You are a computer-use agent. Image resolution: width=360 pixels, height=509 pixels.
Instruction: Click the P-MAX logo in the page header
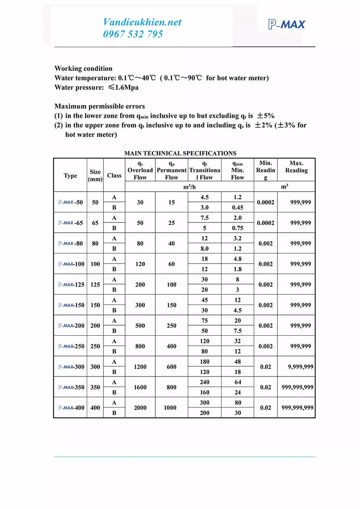click(x=287, y=25)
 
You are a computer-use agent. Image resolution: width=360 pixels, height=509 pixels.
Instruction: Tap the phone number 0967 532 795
click(x=133, y=34)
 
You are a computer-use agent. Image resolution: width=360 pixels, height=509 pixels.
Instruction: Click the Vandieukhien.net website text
click(x=142, y=22)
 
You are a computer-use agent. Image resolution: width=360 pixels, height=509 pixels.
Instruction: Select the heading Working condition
click(x=83, y=68)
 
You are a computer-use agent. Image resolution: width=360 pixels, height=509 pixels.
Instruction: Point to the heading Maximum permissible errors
click(x=100, y=106)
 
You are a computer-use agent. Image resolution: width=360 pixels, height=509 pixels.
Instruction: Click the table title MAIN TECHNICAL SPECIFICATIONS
click(x=180, y=153)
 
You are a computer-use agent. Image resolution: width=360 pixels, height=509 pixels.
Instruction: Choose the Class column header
click(x=114, y=175)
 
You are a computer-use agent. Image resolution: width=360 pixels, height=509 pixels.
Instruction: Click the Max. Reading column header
click(x=296, y=167)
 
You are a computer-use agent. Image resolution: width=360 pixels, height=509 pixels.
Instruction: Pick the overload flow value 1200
click(x=140, y=367)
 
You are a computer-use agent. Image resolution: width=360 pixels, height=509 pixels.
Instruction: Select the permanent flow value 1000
click(x=171, y=408)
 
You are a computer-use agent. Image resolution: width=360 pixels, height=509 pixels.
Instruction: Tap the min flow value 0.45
click(x=237, y=208)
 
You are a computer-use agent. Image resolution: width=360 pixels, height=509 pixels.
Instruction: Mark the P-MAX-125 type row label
click(x=71, y=285)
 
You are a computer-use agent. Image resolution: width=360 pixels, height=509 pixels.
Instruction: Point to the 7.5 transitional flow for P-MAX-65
click(x=205, y=218)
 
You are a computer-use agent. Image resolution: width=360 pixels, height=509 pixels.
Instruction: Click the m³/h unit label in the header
click(x=189, y=187)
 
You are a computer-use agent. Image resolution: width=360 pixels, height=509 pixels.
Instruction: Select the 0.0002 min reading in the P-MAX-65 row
click(x=266, y=223)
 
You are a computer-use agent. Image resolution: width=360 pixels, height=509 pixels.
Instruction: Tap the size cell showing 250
click(x=95, y=346)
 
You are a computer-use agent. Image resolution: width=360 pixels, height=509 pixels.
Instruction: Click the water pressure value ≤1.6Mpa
click(x=121, y=87)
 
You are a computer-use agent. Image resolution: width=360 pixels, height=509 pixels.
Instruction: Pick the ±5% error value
click(x=266, y=116)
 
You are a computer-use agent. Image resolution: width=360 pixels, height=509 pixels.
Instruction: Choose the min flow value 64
click(x=237, y=382)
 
